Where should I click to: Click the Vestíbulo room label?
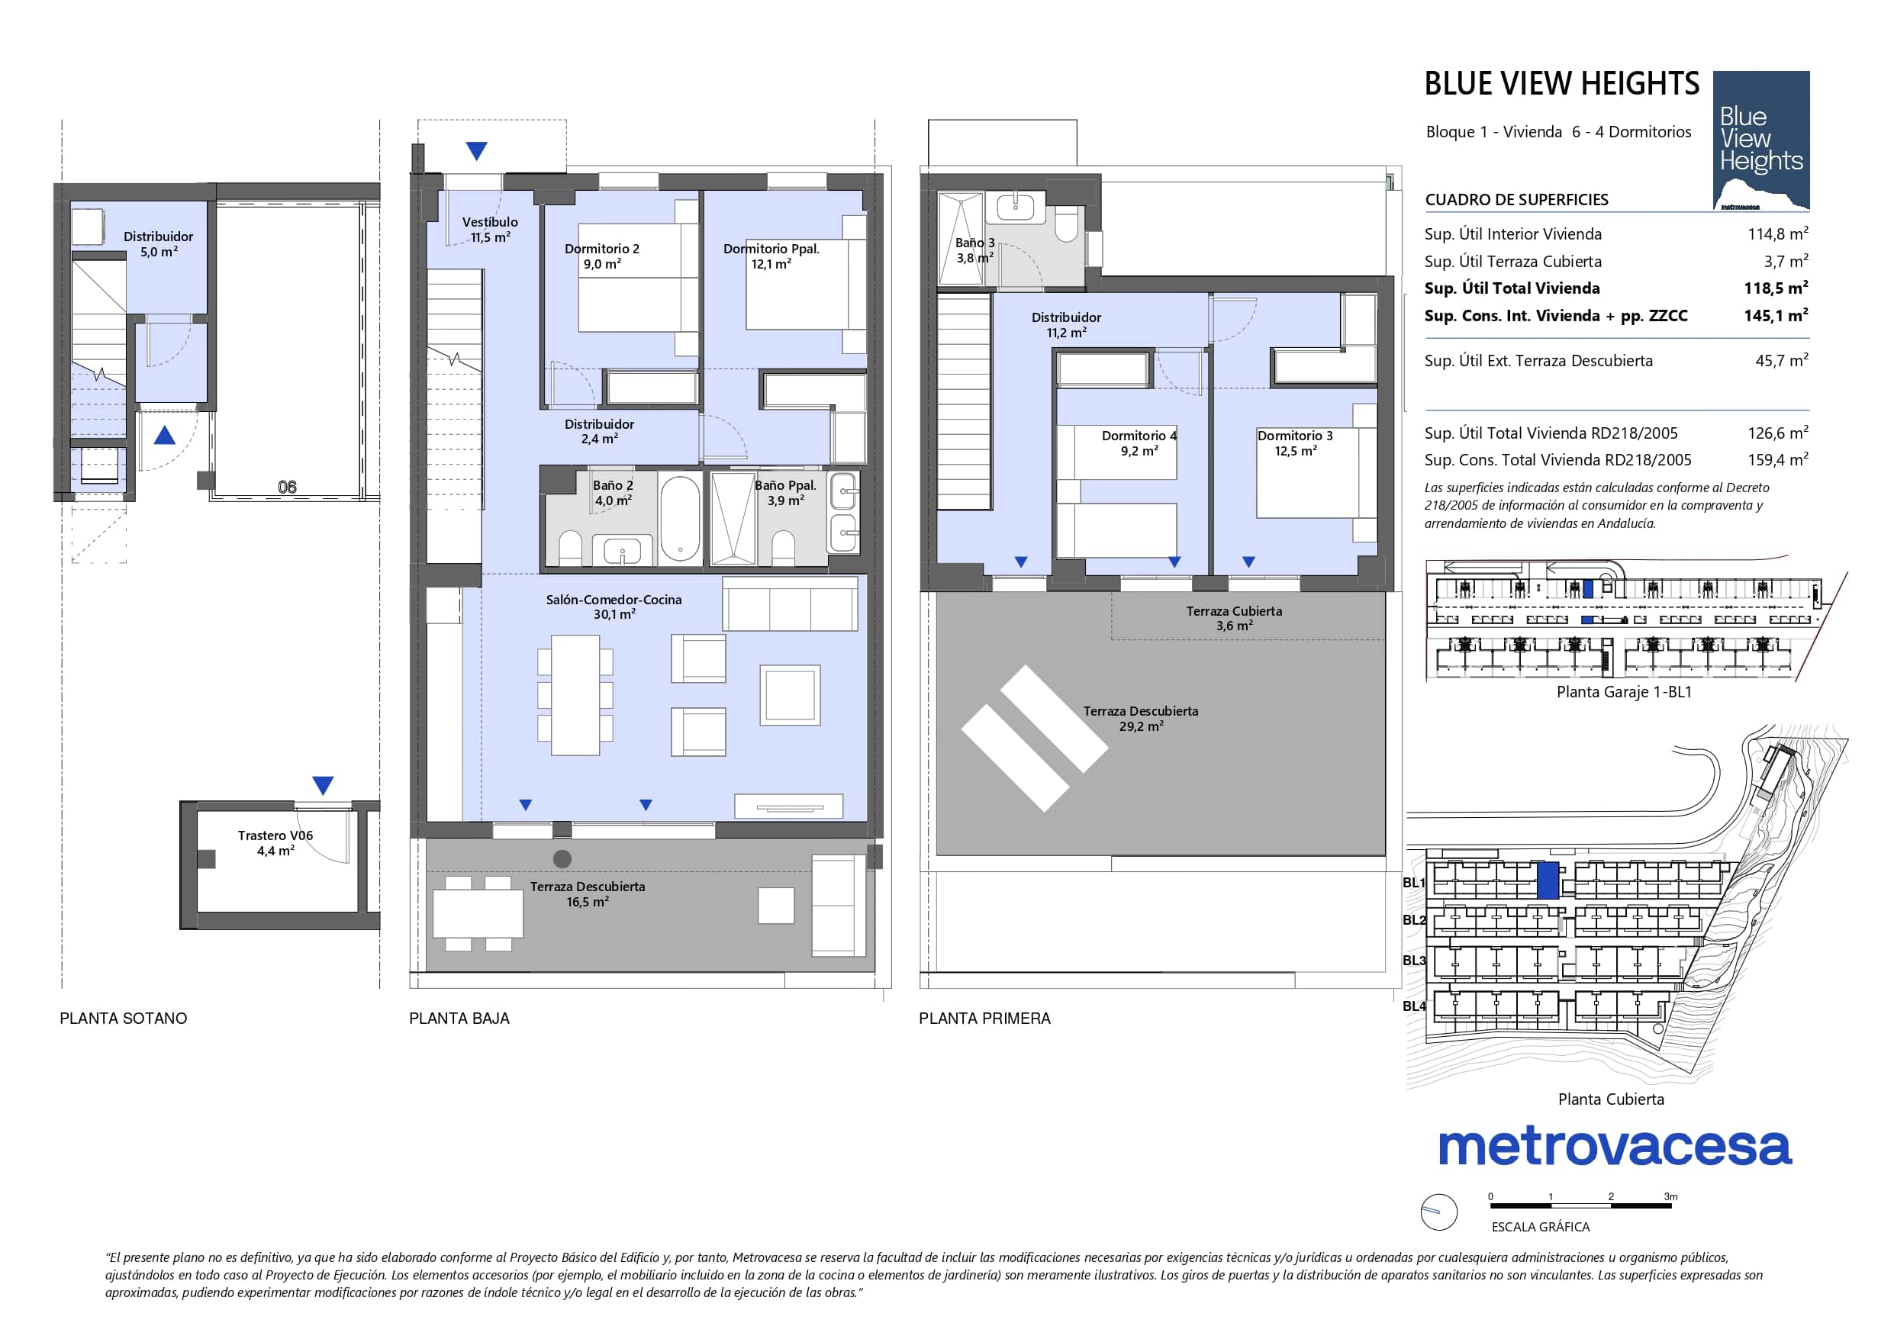point(490,222)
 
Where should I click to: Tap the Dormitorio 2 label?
point(601,248)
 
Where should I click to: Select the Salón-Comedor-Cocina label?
point(614,600)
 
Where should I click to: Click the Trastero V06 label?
point(275,835)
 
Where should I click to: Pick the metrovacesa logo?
point(1615,1147)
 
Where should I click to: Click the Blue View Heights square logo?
point(1761,140)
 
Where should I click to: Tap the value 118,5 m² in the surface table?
point(1775,288)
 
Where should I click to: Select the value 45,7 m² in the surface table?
point(1781,361)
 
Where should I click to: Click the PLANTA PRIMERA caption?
point(984,1019)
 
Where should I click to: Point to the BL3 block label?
point(1414,961)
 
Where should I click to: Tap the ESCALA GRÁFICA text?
point(1540,1227)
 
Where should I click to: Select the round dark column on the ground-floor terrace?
point(562,859)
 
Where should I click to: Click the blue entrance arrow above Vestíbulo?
point(477,151)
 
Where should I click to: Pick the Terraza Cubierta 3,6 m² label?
point(1234,618)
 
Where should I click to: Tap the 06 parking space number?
point(287,487)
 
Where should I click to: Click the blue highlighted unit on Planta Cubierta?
point(1548,880)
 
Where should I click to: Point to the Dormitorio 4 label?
point(1139,436)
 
